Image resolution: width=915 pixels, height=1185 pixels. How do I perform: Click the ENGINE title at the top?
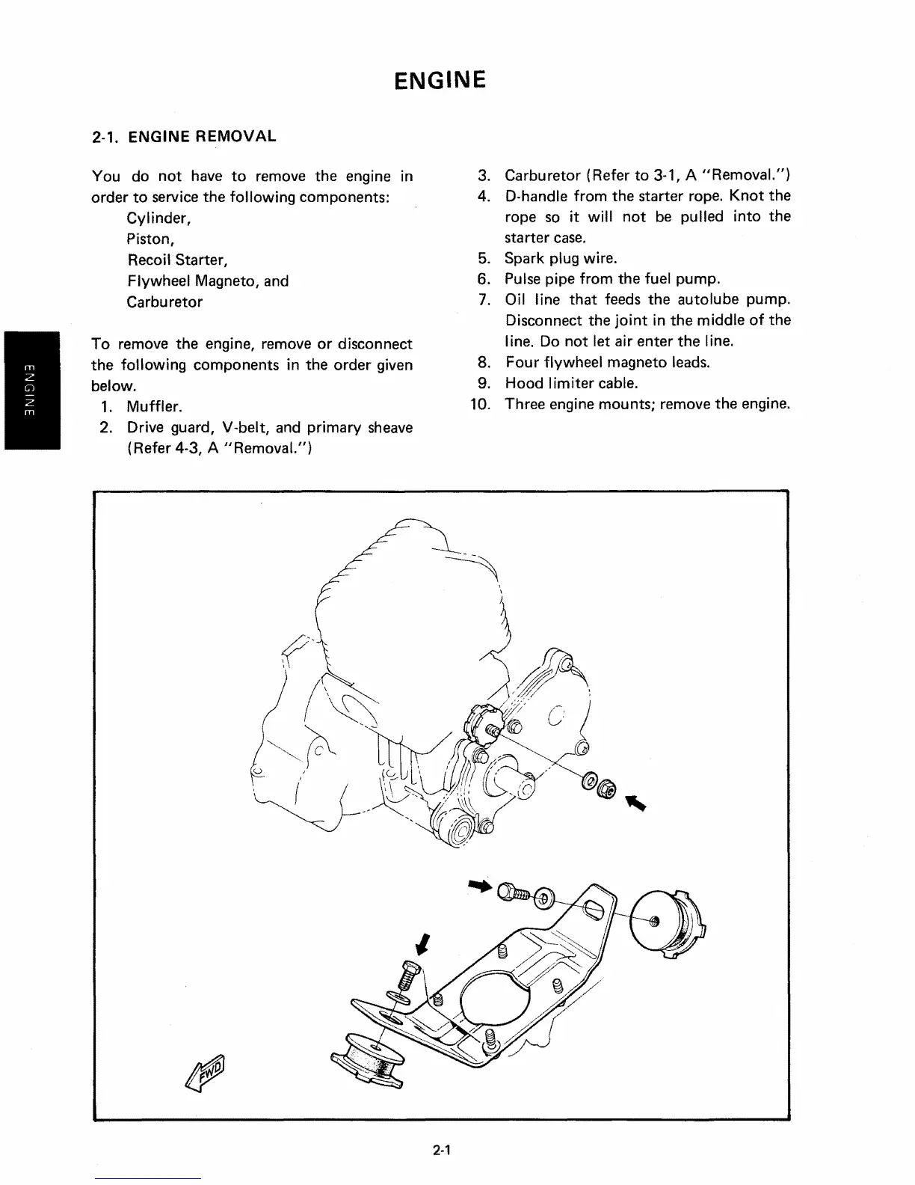[x=440, y=79]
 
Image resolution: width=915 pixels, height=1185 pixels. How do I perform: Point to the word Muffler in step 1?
[x=155, y=408]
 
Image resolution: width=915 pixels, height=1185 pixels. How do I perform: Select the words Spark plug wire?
[x=561, y=259]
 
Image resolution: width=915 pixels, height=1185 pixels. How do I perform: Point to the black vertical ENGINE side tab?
[x=30, y=389]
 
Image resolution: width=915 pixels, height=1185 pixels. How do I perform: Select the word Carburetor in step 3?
[x=543, y=176]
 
